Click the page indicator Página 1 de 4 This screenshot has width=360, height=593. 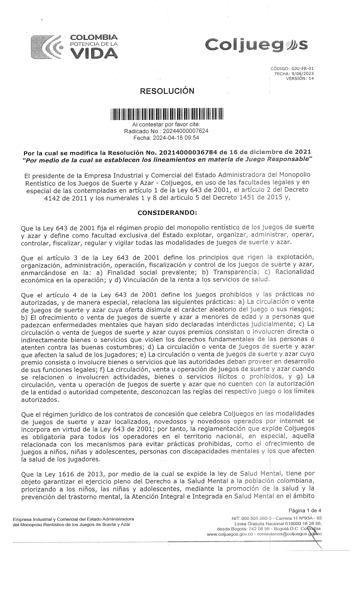point(305,510)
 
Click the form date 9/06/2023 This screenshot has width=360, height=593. point(304,74)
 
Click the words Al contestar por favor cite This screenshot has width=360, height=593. point(166,125)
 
